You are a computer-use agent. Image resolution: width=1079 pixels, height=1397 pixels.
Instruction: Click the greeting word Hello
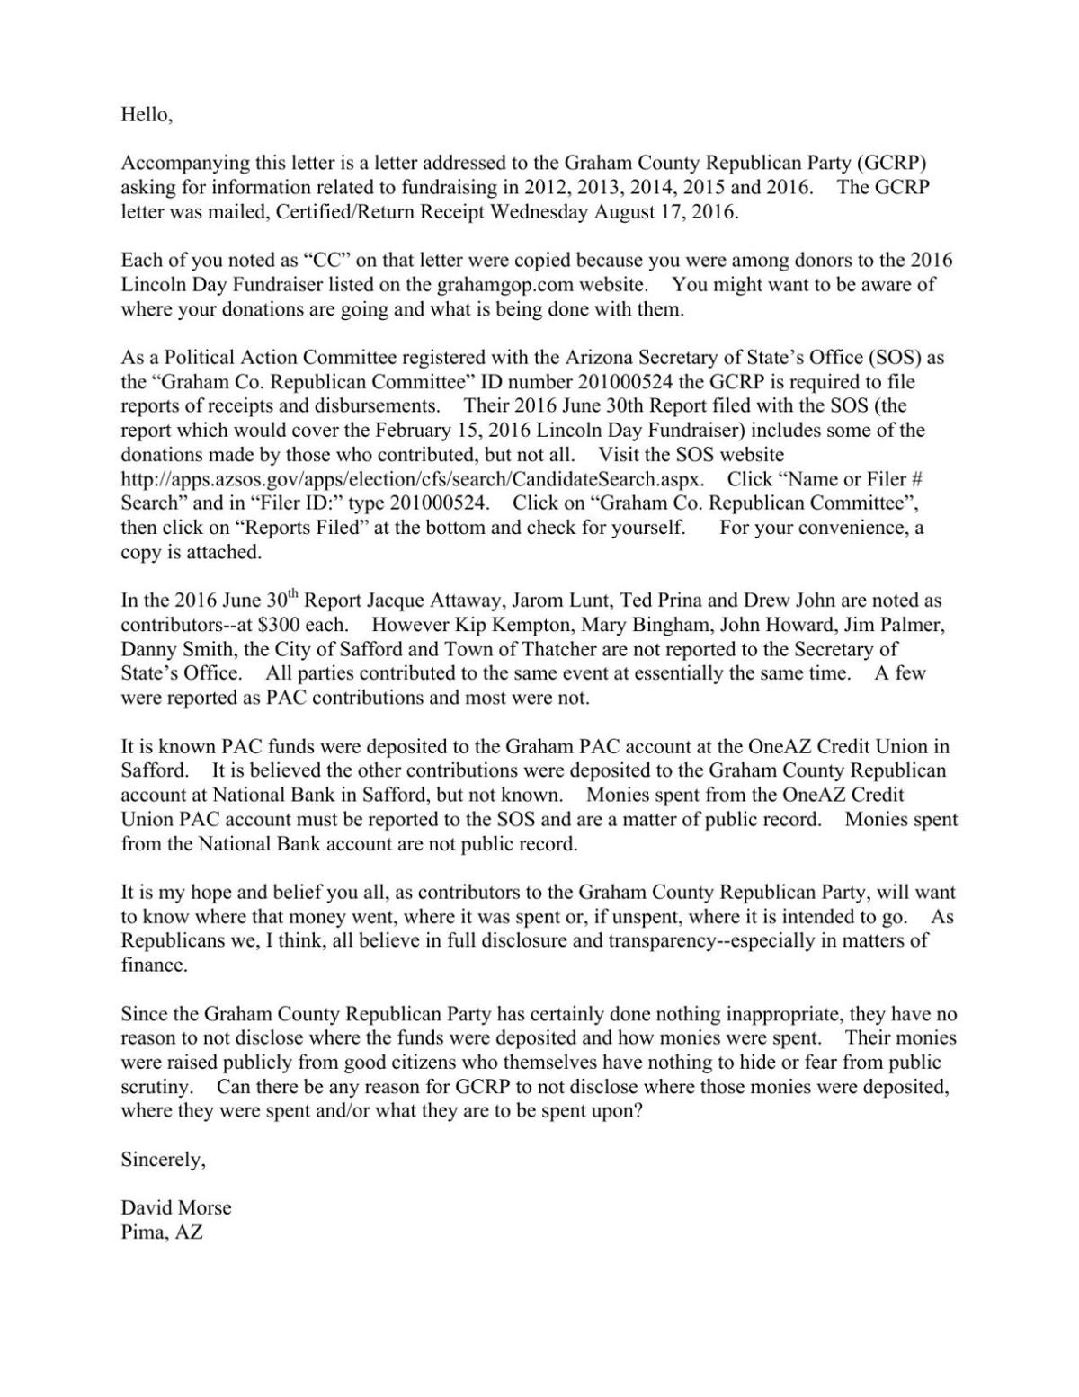click(x=145, y=115)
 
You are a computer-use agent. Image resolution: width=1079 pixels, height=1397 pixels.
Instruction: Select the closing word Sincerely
click(x=163, y=1160)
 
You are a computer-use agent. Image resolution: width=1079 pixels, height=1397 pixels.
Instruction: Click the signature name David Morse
click(x=176, y=1208)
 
